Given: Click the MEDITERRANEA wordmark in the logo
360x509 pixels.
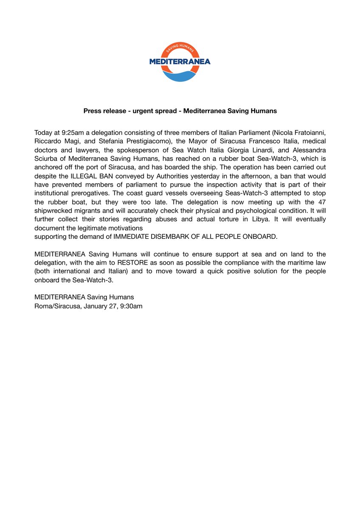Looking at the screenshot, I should coord(180,62).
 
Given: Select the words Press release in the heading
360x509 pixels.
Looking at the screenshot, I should coord(102,111).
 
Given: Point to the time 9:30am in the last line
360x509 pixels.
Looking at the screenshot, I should coord(129,305).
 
